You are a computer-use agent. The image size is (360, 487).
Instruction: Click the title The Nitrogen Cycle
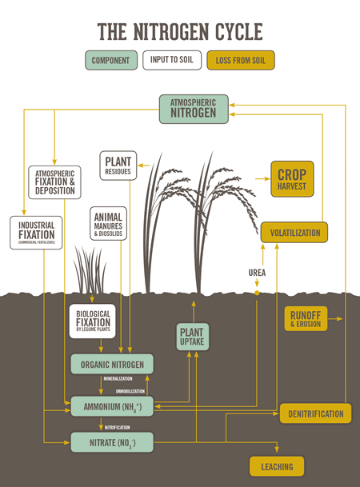(179, 31)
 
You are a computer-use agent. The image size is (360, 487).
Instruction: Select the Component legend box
(110, 60)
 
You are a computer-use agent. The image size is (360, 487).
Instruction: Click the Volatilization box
(294, 233)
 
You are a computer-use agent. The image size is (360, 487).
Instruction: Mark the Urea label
(256, 273)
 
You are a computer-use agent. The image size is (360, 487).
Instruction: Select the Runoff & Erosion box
(306, 318)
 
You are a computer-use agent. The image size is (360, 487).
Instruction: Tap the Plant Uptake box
(192, 337)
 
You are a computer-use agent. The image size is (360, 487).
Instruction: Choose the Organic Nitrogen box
(111, 365)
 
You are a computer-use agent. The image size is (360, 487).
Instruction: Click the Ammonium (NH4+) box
(111, 405)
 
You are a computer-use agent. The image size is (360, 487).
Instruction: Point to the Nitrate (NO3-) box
(111, 441)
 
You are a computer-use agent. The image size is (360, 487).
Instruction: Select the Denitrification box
(316, 413)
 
